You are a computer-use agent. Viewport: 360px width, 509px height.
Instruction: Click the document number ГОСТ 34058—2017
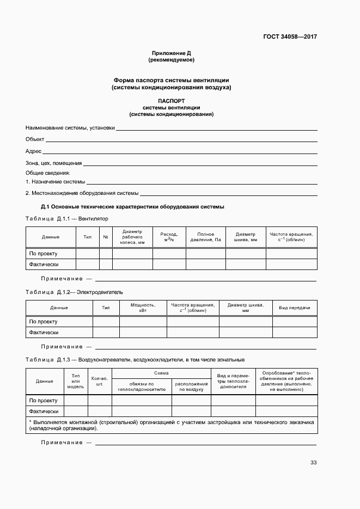coord(290,37)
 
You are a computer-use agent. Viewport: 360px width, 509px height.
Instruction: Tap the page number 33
coord(313,463)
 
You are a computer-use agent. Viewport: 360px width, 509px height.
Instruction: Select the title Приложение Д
coord(171,53)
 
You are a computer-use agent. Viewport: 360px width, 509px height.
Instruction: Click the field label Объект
coord(35,139)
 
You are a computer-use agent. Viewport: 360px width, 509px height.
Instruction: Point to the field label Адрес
coord(33,151)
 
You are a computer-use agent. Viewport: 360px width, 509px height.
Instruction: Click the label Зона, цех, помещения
coord(53,163)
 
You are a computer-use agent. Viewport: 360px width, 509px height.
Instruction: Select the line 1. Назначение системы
coord(55,181)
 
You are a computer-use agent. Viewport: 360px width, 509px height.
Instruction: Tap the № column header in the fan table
coord(106,237)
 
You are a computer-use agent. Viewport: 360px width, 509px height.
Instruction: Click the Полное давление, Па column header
coord(205,237)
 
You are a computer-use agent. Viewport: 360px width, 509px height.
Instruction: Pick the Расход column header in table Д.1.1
coord(169,237)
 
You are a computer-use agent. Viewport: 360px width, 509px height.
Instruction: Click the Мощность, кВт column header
coord(143,308)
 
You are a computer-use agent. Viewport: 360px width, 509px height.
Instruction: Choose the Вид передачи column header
coord(295,308)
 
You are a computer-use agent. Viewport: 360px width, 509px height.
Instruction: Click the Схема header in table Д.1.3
coord(161,373)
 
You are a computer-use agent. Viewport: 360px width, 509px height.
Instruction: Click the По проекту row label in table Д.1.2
coord(44,322)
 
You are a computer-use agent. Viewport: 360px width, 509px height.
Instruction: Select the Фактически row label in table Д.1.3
coord(44,412)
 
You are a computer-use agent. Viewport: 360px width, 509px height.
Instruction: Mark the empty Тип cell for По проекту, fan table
coord(87,253)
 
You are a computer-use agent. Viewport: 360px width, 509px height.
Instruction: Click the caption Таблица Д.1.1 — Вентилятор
coord(67,218)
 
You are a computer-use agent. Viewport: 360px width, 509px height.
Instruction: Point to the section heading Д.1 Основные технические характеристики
coord(133,207)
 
